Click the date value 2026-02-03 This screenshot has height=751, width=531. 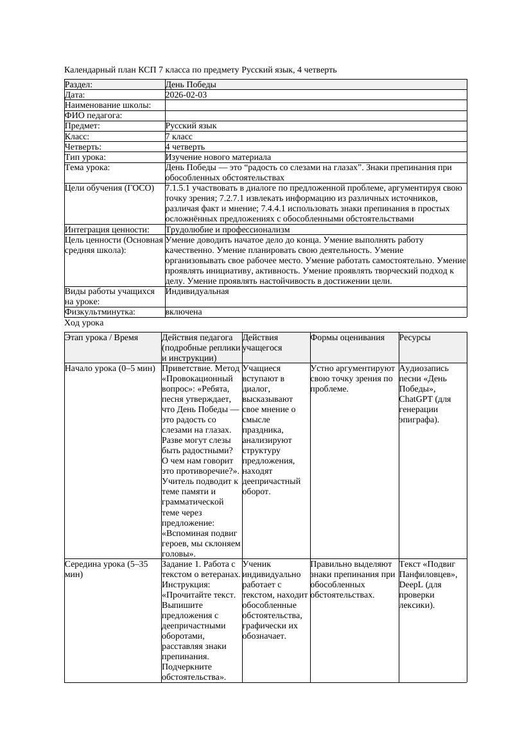186,95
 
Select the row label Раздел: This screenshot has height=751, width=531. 79,85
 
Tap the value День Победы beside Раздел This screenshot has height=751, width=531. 190,85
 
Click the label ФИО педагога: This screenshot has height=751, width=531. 94,116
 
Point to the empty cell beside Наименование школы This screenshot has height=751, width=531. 315,105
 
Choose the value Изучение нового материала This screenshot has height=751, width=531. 218,157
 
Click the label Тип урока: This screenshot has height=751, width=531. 85,157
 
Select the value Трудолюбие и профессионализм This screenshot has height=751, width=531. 227,230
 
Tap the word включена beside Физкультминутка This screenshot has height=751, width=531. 184,312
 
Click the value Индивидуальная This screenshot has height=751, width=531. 197,291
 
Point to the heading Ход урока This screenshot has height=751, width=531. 84,323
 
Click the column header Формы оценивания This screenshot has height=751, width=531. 347,338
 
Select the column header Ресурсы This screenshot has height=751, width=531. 415,338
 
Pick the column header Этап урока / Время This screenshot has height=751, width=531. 101,338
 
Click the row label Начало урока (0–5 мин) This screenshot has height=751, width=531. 110,369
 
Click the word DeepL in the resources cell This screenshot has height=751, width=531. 412,585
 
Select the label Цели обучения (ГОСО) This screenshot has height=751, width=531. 110,189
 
